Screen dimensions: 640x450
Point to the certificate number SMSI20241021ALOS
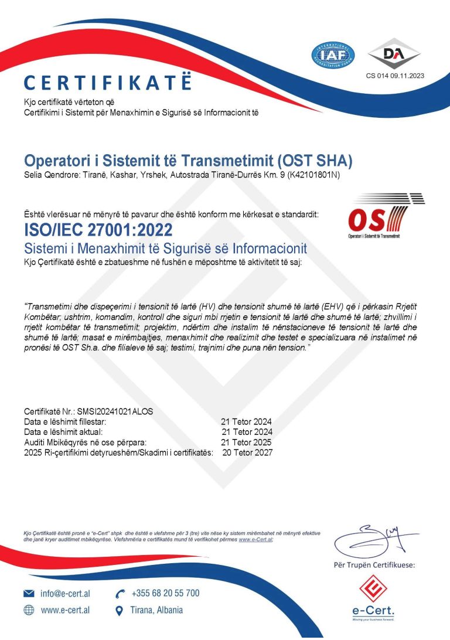[x=118, y=412]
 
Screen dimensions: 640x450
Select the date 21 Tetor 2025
[x=247, y=442]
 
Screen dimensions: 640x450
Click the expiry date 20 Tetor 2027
[x=247, y=452]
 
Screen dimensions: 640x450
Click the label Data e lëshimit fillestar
[x=65, y=422]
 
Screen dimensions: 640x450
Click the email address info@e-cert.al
[x=65, y=594]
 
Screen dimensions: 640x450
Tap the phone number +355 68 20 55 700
[x=165, y=593]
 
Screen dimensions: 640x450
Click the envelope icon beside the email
[x=29, y=594]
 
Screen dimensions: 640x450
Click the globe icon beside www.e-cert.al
[x=29, y=610]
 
